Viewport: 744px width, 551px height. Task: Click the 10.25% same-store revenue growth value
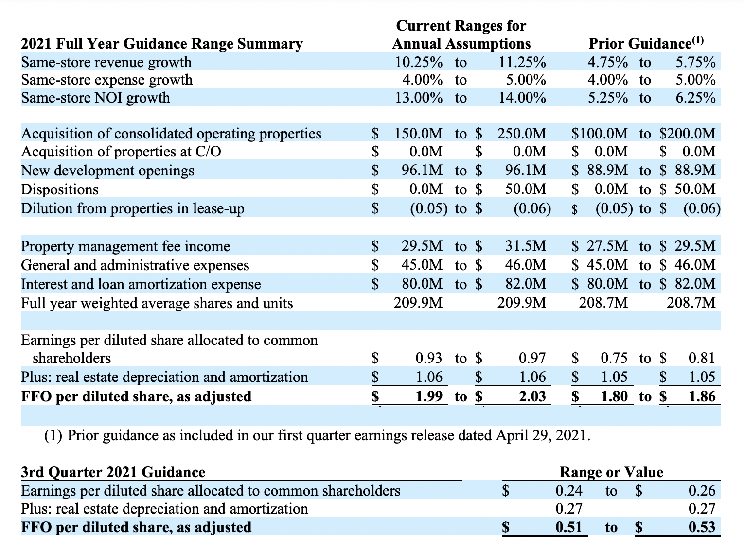[x=418, y=62]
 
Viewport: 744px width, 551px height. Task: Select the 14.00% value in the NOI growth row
[x=522, y=98]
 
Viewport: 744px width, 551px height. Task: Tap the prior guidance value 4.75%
[x=607, y=62]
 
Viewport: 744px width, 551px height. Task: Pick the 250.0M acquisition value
[x=522, y=134]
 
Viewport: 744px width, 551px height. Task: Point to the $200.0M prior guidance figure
[x=688, y=134]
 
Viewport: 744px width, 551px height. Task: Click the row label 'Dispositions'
[x=60, y=189]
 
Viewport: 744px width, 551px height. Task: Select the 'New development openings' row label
[x=107, y=171]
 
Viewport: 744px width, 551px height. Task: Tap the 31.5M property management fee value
[x=526, y=246]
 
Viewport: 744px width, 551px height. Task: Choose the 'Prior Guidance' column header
[x=639, y=44]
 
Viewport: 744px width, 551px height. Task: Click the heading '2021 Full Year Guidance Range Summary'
[x=162, y=44]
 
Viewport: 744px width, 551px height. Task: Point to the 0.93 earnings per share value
[x=428, y=359]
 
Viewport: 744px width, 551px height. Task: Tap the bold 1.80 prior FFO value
[x=614, y=396]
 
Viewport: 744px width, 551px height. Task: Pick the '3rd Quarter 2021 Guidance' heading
[x=113, y=472]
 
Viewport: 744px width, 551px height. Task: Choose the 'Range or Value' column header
[x=611, y=472]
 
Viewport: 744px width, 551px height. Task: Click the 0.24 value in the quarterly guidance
[x=569, y=491]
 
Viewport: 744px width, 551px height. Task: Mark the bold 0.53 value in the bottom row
[x=702, y=527]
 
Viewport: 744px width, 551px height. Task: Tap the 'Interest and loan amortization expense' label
[x=141, y=284]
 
